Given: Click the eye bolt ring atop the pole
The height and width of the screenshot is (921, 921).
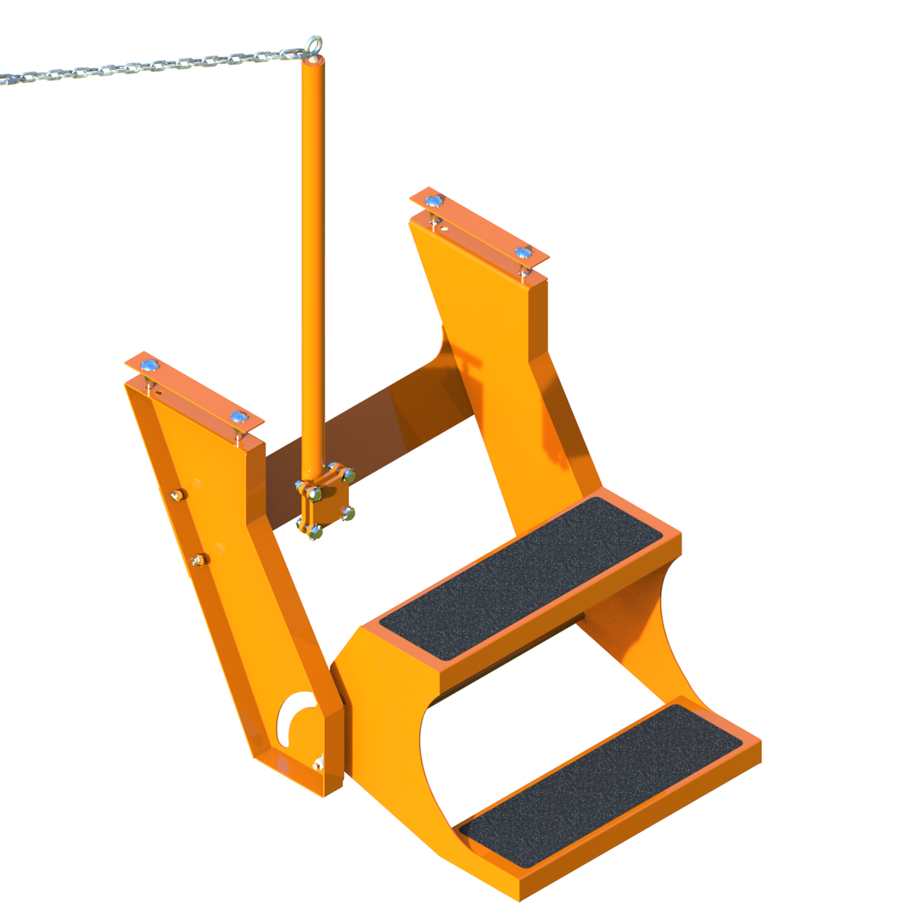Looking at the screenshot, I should pyautogui.click(x=314, y=43).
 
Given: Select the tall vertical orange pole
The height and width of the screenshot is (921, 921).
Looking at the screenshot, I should pyautogui.click(x=312, y=259).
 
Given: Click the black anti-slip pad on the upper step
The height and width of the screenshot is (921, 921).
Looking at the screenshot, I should pyautogui.click(x=521, y=577).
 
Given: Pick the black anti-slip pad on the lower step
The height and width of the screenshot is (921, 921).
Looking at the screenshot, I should pyautogui.click(x=600, y=785).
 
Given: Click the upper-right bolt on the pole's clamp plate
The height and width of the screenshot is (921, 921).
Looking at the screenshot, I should pyautogui.click(x=348, y=474).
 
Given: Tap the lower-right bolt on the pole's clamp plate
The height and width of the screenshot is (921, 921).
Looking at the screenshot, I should pyautogui.click(x=348, y=513).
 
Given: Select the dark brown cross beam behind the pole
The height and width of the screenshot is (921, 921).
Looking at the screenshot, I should pyautogui.click(x=372, y=432).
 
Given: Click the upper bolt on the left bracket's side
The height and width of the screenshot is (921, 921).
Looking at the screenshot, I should pyautogui.click(x=177, y=495).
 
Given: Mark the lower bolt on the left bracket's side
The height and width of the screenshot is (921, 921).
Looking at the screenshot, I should pyautogui.click(x=199, y=560).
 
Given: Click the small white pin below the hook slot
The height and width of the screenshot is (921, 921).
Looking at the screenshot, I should pyautogui.click(x=318, y=763).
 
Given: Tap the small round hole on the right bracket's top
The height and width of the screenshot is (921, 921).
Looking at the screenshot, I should pyautogui.click(x=444, y=229).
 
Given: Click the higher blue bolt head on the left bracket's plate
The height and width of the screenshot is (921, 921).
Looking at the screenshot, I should pyautogui.click(x=149, y=365).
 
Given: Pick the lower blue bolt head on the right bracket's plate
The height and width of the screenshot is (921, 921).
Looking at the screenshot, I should pyautogui.click(x=523, y=253).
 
